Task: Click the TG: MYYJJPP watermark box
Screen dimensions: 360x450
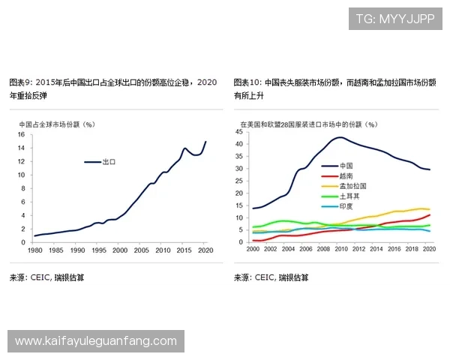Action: (x=395, y=19)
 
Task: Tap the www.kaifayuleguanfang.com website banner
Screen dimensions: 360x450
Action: (x=96, y=341)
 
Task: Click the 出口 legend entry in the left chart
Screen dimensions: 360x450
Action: (x=100, y=161)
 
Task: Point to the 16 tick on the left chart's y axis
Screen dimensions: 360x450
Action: (x=20, y=135)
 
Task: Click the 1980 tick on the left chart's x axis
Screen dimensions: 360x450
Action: (x=34, y=251)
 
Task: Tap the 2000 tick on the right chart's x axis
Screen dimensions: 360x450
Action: (x=253, y=247)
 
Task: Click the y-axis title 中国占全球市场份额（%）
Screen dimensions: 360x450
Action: (x=56, y=124)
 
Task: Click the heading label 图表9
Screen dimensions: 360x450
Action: (x=20, y=82)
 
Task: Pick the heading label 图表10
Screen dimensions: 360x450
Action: (x=247, y=82)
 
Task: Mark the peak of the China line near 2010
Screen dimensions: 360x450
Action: (x=340, y=137)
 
